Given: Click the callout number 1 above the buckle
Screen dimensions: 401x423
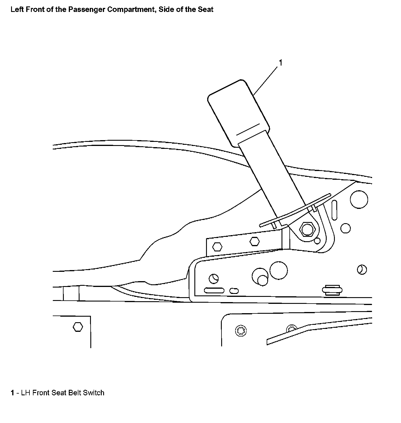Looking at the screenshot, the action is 281,63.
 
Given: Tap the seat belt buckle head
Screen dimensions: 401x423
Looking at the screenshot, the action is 238,112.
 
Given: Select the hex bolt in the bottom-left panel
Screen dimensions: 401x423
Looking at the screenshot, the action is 78,327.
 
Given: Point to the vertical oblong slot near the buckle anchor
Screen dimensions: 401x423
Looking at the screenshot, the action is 334,209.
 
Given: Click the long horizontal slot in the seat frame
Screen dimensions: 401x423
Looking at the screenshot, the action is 214,290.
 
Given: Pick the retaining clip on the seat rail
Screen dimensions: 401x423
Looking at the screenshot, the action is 332,290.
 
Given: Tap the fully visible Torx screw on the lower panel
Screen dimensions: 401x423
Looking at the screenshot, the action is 241,330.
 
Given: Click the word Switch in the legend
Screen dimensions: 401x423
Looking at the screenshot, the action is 94,393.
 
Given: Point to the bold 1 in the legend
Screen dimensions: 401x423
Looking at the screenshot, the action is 13,393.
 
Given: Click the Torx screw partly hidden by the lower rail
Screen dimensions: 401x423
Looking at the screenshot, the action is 291,328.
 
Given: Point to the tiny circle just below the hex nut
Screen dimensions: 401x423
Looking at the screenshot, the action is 317,241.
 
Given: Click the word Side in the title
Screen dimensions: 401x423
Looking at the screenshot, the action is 165,10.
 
